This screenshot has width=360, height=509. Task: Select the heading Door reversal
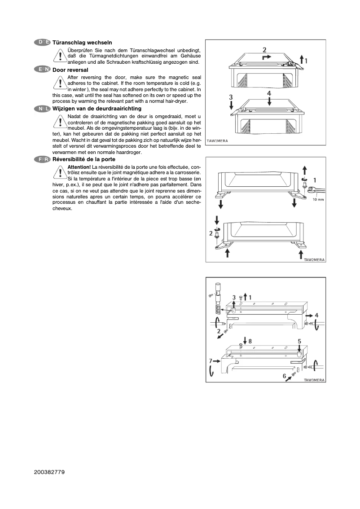70,70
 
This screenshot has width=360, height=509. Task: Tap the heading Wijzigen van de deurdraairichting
97,109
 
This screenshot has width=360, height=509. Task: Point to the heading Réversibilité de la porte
83,159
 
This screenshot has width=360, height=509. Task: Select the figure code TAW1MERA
217,141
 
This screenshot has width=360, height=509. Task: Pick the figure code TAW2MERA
314,259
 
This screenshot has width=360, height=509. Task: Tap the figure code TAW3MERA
314,380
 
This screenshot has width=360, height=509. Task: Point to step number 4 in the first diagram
269,93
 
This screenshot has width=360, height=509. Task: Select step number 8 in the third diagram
250,341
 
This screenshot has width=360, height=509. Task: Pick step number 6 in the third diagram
284,376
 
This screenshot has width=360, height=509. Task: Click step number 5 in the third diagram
299,341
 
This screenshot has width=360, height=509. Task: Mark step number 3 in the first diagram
231,97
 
